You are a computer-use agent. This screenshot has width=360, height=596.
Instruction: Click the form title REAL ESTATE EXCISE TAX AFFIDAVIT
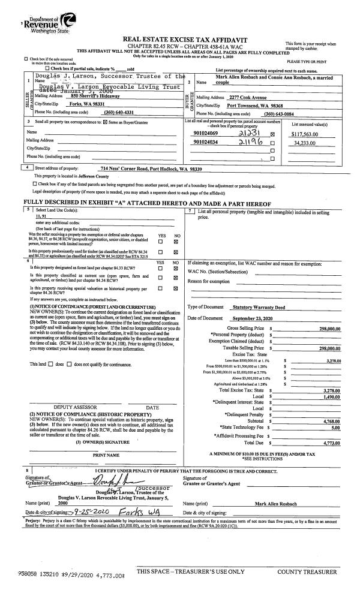pos(180,39)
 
